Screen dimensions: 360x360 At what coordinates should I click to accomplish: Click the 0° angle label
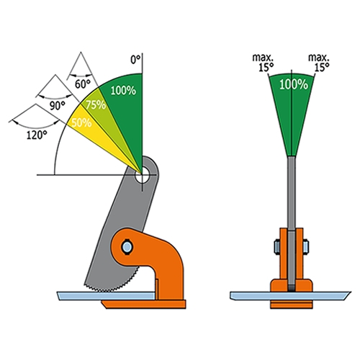[135, 59]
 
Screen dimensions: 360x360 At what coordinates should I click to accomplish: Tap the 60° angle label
[83, 84]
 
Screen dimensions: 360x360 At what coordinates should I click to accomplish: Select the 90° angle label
[58, 105]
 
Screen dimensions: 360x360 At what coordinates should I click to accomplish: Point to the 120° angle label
[37, 135]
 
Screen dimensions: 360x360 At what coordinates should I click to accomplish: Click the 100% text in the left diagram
[123, 91]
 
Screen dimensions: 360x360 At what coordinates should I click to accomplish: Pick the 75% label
[96, 105]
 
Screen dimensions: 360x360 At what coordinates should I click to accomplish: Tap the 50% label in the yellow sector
[81, 122]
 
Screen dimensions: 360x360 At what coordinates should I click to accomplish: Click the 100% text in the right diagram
[294, 84]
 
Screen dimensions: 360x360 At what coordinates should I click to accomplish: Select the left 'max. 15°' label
[263, 63]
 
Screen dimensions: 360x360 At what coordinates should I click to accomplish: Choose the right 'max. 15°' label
[319, 63]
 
